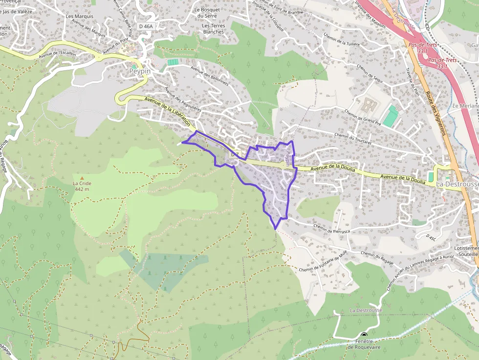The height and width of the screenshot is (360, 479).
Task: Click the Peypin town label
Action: pyautogui.click(x=140, y=71)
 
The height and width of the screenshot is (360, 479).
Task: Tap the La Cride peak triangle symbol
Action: pyautogui.click(x=82, y=178)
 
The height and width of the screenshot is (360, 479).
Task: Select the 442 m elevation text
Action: pyautogui.click(x=82, y=189)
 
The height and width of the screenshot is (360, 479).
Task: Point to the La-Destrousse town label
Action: pyautogui.click(x=457, y=184)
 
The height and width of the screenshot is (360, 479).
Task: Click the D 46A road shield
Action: pyautogui.click(x=146, y=26)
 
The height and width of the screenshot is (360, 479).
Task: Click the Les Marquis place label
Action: pyautogui.click(x=79, y=16)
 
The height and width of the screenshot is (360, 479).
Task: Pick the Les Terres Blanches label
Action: pyautogui.click(x=213, y=29)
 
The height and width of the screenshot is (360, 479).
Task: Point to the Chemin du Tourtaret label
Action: pyautogui.click(x=353, y=138)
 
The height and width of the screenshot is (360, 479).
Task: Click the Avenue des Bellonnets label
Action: pyautogui.click(x=210, y=76)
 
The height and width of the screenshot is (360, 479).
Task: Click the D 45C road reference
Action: pyautogui.click(x=431, y=236)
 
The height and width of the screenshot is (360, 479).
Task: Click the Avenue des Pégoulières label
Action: pyautogui.click(x=183, y=100)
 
